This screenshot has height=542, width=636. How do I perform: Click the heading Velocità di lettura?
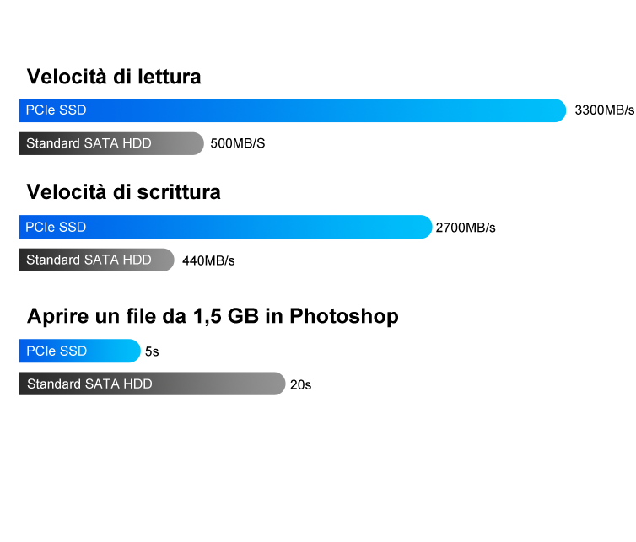pos(114,77)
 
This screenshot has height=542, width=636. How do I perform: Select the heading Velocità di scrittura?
pos(124,192)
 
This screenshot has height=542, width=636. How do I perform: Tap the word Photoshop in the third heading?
pos(344,317)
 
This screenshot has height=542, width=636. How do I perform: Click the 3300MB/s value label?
pos(604,110)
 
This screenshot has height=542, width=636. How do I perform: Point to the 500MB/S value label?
pos(238,143)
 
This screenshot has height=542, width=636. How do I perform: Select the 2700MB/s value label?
pos(466,228)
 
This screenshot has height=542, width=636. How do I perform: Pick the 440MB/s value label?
pos(208,260)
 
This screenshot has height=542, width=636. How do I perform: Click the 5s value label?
pos(152,351)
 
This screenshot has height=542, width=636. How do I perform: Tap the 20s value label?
pos(300,384)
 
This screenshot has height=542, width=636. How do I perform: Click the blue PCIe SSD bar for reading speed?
pos(293,110)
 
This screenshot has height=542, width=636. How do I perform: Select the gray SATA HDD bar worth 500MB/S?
pos(111,143)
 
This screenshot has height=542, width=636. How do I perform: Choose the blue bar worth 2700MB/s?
pos(225,227)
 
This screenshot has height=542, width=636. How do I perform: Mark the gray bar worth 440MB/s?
pos(96,260)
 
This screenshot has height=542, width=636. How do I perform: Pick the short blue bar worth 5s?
pos(80,351)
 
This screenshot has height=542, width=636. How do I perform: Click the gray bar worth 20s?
pos(153,384)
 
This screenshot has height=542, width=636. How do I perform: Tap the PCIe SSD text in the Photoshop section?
pos(57,351)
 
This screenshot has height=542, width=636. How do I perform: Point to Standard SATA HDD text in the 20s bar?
pos(89,384)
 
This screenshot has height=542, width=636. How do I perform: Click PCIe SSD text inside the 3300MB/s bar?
pos(56,110)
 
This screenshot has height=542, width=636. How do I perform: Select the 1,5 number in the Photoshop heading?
pos(208,317)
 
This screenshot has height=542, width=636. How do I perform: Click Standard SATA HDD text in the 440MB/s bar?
pos(89,260)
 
